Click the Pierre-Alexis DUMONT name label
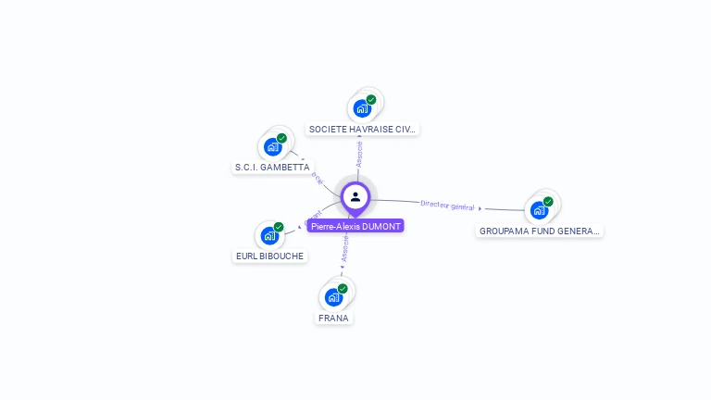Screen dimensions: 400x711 pos(355,226)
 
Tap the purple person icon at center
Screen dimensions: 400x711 pos(355,196)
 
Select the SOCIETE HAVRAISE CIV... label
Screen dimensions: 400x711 pos(363,130)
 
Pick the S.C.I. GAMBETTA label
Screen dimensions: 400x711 pos(272,168)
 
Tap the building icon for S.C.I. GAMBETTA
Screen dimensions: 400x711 pos(272,146)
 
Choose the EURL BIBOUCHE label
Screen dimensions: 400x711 pos(269,256)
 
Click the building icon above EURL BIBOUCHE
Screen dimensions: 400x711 pos(268,235)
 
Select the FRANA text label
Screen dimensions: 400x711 pos(333,318)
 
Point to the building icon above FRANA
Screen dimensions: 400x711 pos(333,297)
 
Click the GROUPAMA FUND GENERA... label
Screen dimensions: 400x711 pos(540,231)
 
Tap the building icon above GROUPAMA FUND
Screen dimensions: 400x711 pos(539,210)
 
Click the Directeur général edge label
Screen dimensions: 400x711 pos(447,205)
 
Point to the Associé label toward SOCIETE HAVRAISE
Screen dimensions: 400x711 pos(359,154)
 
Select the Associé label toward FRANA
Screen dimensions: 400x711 pos(345,248)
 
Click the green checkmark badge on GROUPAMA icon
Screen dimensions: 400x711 pos(548,201)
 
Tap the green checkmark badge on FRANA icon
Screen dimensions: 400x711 pos(343,288)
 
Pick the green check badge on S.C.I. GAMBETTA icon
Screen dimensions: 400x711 pos(281,138)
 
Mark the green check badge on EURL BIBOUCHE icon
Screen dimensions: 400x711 pos(278,227)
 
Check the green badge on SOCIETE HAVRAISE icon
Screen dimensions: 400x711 pos(371,99)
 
